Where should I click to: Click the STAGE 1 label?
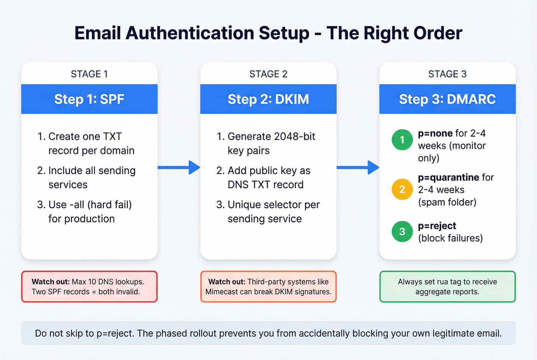click(89, 74)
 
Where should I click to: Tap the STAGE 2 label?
click(268, 74)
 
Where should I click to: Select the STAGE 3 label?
click(447, 74)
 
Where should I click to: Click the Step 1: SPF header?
click(89, 99)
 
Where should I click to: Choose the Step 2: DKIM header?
click(268, 99)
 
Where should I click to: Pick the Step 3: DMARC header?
click(447, 99)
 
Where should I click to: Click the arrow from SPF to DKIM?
click(179, 167)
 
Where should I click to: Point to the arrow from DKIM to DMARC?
click(358, 167)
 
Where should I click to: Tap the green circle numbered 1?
click(402, 140)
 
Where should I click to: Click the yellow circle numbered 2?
click(402, 189)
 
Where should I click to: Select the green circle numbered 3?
click(402, 232)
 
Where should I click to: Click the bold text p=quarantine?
click(448, 178)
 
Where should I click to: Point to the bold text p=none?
click(435, 133)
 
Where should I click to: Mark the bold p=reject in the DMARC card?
click(437, 226)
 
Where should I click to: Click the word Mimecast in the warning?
click(222, 292)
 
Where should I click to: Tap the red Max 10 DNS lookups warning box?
click(89, 287)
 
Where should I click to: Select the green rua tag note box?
click(447, 287)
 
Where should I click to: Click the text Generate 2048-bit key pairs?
click(271, 143)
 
